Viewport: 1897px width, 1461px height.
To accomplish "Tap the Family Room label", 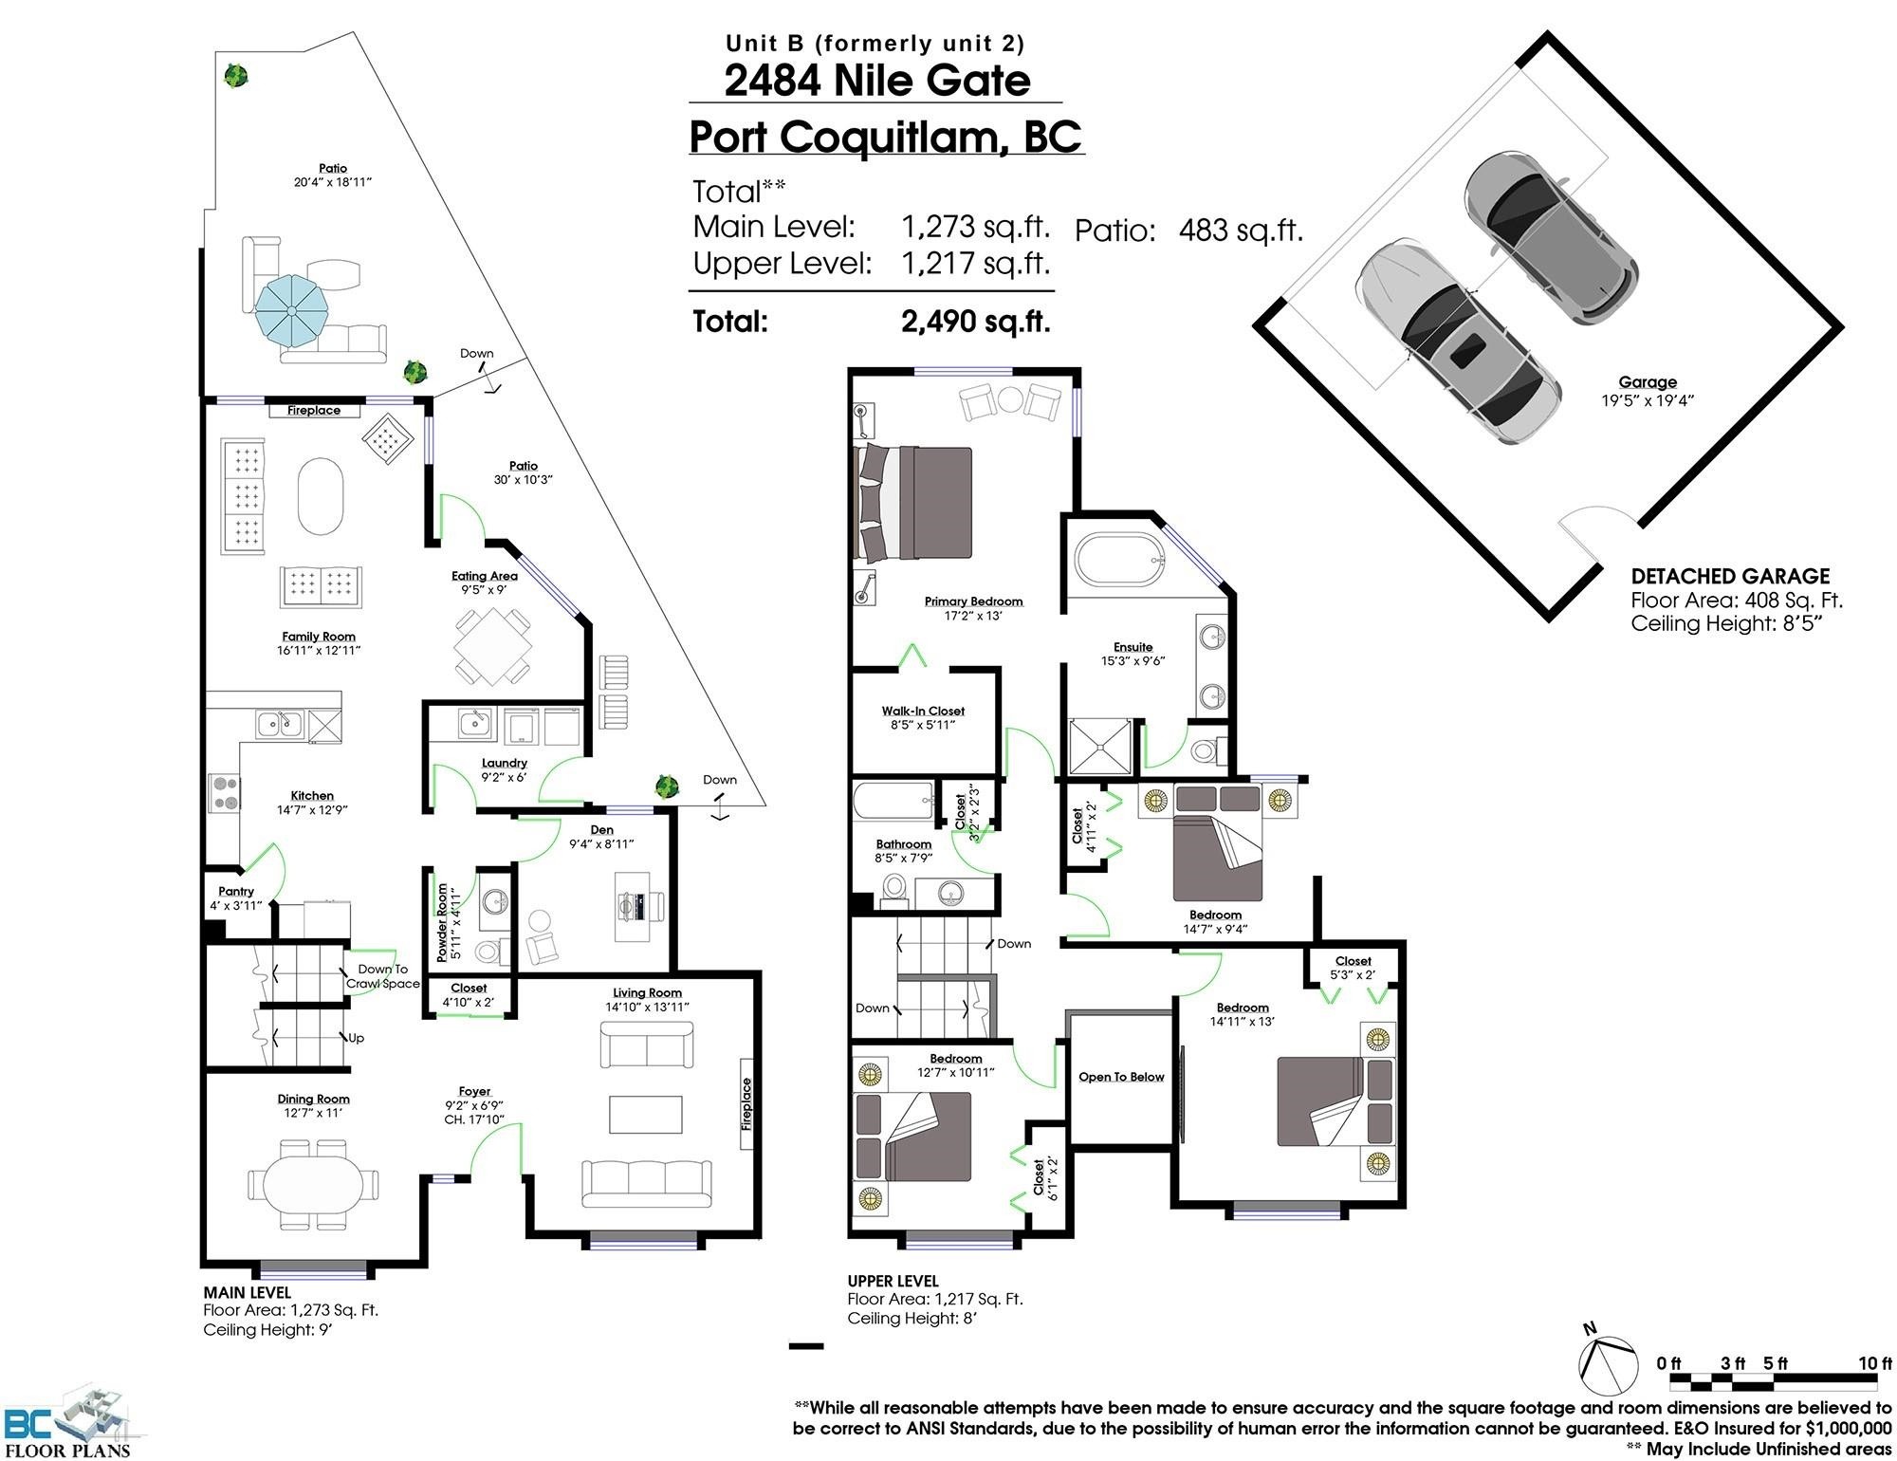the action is (319, 637).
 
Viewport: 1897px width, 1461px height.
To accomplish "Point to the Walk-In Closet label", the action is (923, 711).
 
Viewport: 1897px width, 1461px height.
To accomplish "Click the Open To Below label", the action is (1121, 1077).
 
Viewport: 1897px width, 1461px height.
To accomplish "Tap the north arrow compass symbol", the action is (1607, 1362).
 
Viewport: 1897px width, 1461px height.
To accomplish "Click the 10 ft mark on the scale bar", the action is (1875, 1363).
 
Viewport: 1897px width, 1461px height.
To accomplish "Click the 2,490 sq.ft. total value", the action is (976, 322).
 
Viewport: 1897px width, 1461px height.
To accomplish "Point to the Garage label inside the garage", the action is (1648, 382).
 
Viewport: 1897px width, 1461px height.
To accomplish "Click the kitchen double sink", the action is (280, 725).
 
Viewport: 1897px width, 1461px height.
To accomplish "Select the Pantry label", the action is (236, 891).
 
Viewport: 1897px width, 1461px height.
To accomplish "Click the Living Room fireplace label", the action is (746, 1104).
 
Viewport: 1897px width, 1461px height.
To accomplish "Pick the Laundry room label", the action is (505, 763).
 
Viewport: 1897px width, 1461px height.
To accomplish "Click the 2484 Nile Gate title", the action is (877, 80).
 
